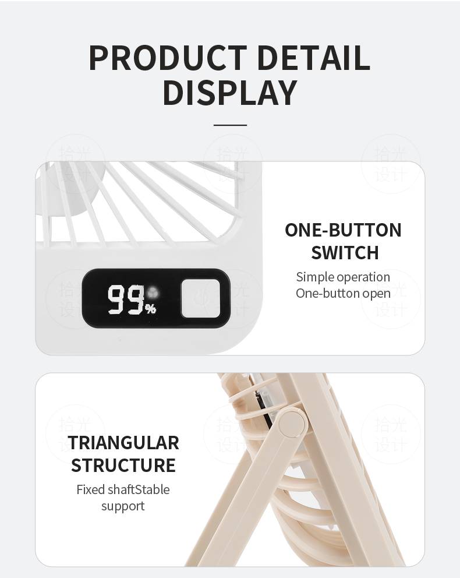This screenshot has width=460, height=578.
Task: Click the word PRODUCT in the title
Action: click(168, 58)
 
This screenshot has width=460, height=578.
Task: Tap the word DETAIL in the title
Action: click(313, 58)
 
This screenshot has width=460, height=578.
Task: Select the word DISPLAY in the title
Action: click(230, 92)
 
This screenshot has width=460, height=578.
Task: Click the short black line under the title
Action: click(230, 125)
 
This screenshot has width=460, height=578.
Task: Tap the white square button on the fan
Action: click(201, 298)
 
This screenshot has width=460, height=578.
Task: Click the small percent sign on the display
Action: click(150, 309)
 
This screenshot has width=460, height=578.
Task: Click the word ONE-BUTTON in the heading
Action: click(343, 230)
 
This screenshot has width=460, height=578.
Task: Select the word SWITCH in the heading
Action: click(345, 253)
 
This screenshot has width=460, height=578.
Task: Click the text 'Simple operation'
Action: click(343, 277)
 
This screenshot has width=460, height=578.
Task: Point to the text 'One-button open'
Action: click(343, 294)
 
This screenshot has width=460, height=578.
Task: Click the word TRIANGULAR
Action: click(123, 443)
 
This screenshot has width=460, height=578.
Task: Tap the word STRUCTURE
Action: click(123, 465)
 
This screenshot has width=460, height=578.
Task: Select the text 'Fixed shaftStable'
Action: click(123, 489)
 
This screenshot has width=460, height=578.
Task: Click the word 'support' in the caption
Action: click(123, 506)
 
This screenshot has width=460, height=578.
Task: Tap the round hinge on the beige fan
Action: click(292, 424)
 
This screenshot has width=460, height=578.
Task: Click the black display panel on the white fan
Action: click(156, 298)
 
